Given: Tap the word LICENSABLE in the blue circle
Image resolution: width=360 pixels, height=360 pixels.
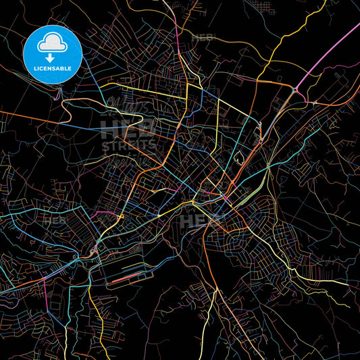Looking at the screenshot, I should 52,69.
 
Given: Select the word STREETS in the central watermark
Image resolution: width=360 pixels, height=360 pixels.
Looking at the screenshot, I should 128,145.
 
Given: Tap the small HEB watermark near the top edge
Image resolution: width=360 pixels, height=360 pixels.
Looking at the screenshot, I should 203,38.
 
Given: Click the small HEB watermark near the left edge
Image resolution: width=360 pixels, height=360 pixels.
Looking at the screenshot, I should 55,221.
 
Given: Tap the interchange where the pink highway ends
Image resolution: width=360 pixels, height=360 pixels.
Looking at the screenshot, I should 296,90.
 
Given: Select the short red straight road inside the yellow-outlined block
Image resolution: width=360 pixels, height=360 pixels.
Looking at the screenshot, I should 132,277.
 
